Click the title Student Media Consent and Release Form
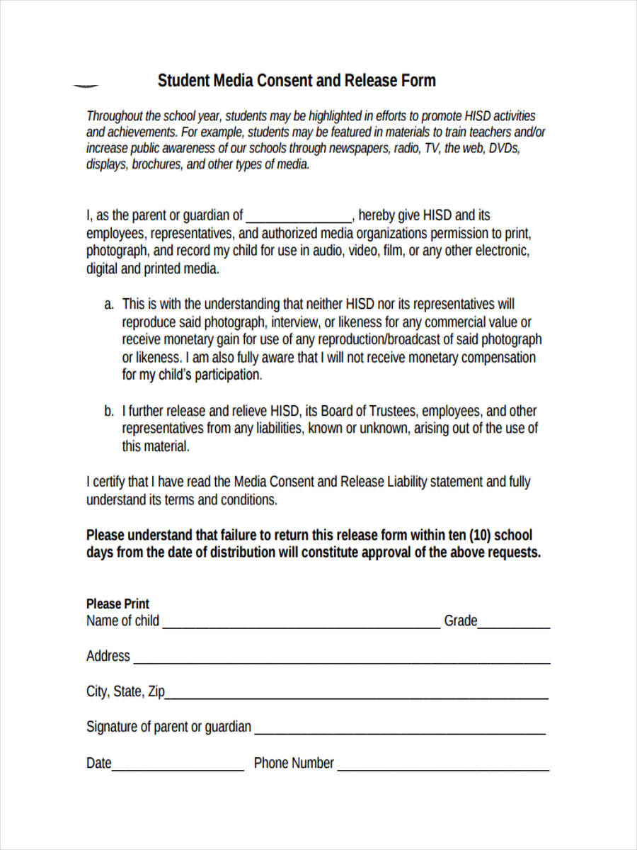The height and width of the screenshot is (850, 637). [297, 81]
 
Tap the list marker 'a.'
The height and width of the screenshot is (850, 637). [109, 305]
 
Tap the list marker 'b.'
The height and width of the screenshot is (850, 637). [109, 411]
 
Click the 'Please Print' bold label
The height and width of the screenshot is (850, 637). [117, 603]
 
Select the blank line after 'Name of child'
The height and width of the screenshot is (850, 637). [301, 625]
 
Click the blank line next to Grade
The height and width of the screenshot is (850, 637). [515, 625]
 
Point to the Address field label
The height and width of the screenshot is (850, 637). [108, 656]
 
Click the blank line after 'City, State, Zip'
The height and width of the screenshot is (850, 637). [357, 697]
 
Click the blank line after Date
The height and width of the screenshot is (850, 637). [178, 769]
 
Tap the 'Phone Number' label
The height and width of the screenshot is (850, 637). [294, 763]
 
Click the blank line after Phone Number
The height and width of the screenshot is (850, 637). [444, 769]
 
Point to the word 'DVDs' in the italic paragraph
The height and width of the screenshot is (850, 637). [505, 148]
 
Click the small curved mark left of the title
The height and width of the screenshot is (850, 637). [86, 85]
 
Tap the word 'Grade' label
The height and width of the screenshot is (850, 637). [461, 621]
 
